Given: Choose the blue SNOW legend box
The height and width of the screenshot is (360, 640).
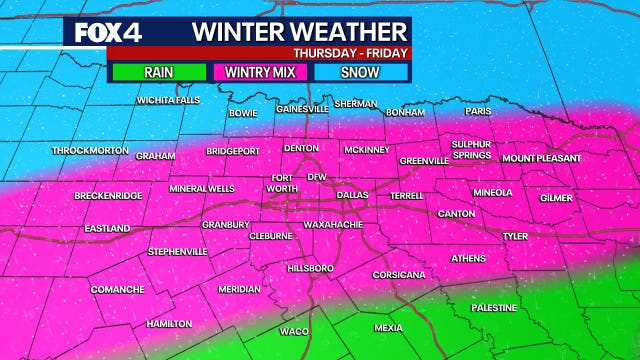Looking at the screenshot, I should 360,72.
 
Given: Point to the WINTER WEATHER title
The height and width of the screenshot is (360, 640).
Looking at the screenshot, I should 299,30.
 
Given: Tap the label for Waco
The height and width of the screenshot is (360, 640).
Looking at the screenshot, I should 294,331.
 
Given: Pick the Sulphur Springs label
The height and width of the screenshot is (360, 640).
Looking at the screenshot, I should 471,150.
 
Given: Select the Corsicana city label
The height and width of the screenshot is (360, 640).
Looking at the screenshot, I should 398,274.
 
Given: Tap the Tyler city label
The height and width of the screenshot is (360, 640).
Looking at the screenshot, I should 515,237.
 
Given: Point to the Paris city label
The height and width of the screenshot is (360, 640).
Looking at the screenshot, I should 478,112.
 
